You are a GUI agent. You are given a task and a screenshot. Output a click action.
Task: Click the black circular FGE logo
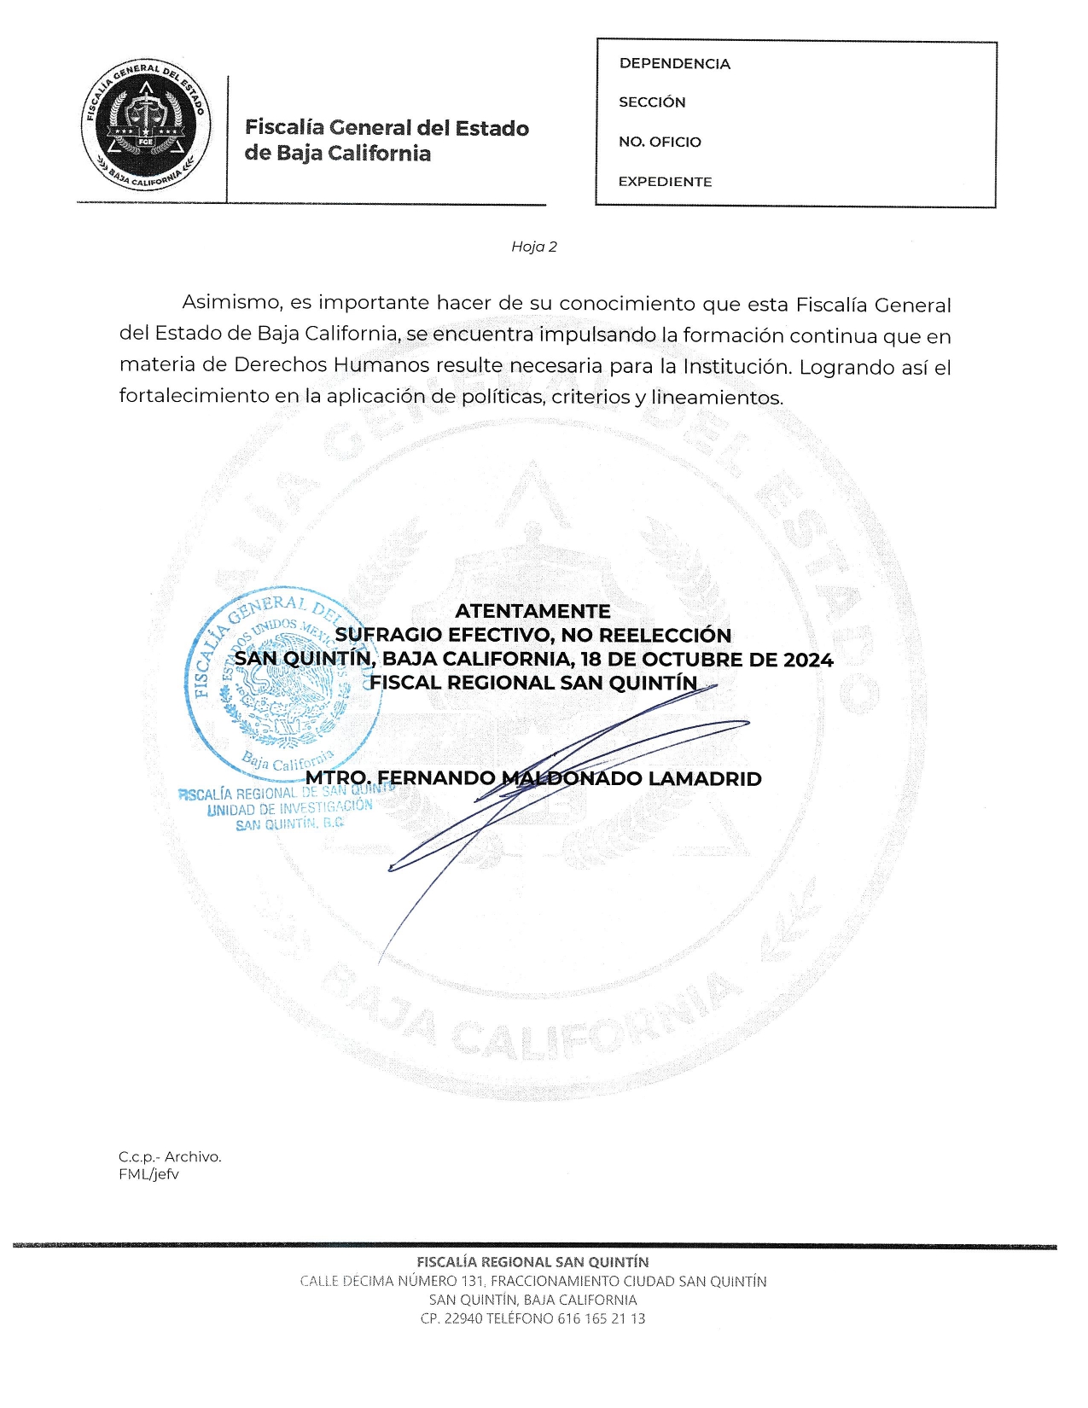point(147,127)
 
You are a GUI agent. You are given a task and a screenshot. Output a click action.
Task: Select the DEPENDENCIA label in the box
point(674,64)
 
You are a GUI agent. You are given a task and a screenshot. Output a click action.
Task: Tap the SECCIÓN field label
point(652,102)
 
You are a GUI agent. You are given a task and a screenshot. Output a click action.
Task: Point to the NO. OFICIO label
point(660,142)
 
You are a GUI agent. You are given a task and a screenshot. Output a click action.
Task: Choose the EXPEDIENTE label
point(665,182)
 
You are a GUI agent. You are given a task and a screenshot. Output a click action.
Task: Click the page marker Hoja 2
point(534,247)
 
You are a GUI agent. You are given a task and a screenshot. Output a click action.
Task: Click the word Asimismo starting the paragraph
point(232,302)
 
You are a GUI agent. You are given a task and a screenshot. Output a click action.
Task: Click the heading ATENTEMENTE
point(532,611)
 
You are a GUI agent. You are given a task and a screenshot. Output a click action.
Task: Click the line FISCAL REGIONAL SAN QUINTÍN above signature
point(533,683)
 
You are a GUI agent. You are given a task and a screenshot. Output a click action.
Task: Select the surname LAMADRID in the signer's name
point(705,778)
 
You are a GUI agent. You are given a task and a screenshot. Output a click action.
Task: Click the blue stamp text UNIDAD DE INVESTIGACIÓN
point(290,807)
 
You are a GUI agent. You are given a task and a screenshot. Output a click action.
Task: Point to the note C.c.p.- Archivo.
point(170,1157)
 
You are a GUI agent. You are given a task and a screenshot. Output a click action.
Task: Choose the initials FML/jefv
point(148,1174)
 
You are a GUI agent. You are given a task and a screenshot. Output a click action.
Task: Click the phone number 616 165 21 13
point(602,1318)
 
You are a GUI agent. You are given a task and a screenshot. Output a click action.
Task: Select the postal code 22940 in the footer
point(463,1318)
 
